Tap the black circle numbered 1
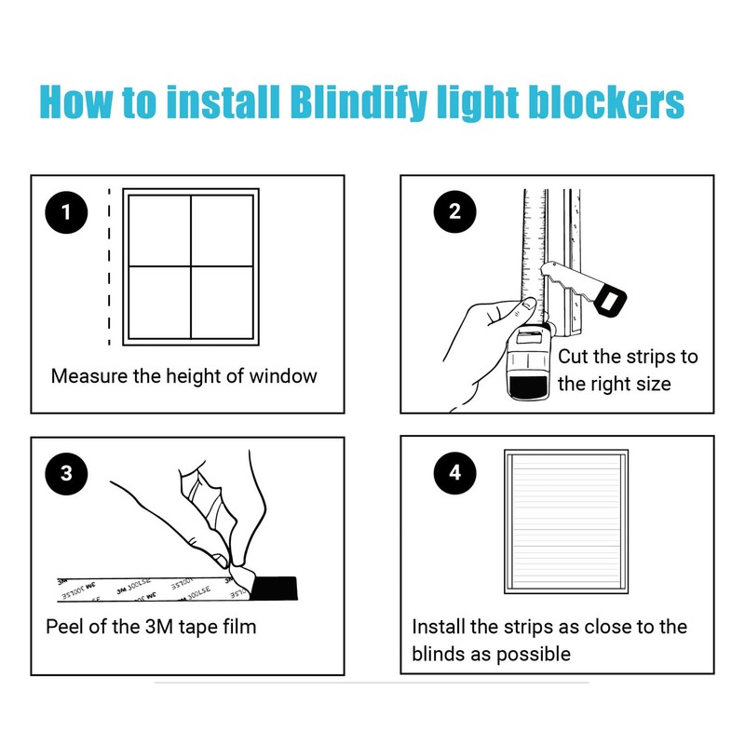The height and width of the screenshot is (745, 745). pyautogui.click(x=65, y=212)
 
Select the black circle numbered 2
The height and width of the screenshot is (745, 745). pyautogui.click(x=454, y=212)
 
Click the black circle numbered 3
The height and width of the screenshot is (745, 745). pyautogui.click(x=65, y=473)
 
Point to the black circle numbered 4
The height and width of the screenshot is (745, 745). pyautogui.click(x=454, y=473)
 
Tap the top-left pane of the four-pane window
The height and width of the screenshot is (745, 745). pyautogui.click(x=159, y=230)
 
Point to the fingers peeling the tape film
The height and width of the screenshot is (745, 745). pyautogui.click(x=219, y=521)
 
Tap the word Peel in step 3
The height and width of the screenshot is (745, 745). pyautogui.click(x=65, y=626)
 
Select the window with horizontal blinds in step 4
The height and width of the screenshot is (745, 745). pyautogui.click(x=567, y=521)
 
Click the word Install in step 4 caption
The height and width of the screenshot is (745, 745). pyautogui.click(x=442, y=627)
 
